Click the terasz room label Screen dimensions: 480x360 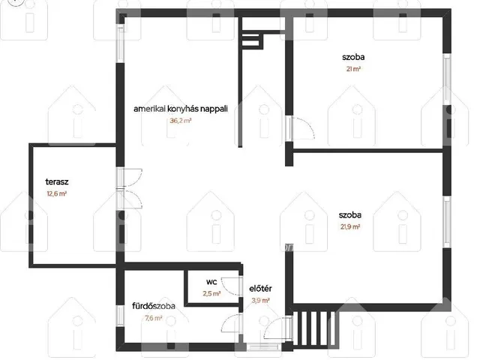tap(57, 181)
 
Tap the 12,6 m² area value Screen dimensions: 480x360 tap(57, 193)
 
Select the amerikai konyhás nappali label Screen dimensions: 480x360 tap(181, 109)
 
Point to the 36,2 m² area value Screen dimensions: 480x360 tap(181, 121)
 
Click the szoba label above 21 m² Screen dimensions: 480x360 tap(353, 57)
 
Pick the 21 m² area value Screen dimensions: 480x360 tap(353, 69)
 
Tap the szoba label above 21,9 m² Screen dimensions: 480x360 tap(350, 215)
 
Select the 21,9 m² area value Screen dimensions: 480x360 tap(350, 226)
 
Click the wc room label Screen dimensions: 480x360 tap(211, 282)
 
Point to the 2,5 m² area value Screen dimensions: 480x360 tap(211, 293)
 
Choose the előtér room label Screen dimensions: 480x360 tap(260, 289)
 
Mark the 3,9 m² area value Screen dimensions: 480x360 tap(260, 301)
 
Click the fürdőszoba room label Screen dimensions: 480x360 tap(154, 306)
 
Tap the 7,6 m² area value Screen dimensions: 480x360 tap(154, 318)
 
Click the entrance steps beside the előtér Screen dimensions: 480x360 tap(314, 328)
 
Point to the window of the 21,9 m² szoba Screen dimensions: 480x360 tap(447, 222)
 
